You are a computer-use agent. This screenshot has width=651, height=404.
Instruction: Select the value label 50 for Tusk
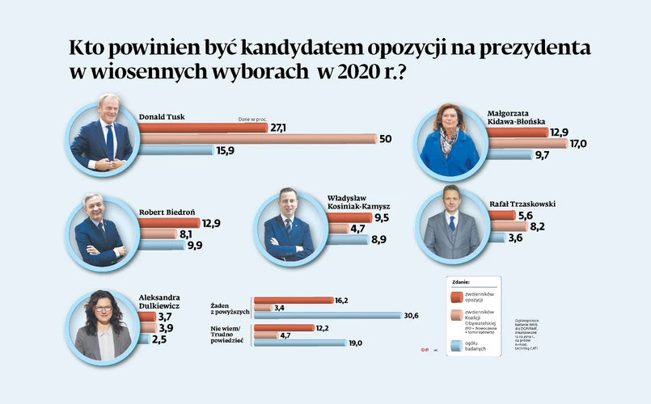pos(386,139)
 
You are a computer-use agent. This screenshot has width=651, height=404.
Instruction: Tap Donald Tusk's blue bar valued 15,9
pos(177,150)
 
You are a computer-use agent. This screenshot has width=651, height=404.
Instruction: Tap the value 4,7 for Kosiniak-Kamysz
pos(360,229)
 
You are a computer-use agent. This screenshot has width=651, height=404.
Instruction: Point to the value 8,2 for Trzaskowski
pos(538,227)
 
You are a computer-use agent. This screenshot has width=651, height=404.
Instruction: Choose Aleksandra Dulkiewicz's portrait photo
pos(101,326)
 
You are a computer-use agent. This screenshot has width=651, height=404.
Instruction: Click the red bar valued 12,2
pos(284,327)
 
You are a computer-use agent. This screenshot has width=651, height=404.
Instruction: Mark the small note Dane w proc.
pos(252,119)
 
